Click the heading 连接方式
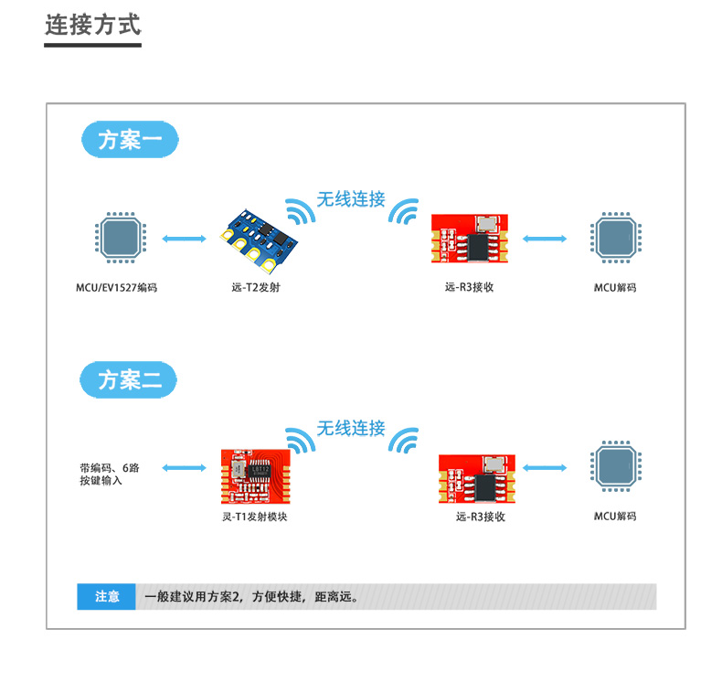click(93, 25)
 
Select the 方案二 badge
click(129, 379)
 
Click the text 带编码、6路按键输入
click(109, 474)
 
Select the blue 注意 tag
click(107, 597)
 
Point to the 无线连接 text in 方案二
click(351, 428)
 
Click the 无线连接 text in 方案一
click(351, 198)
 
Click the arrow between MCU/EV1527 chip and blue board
click(184, 240)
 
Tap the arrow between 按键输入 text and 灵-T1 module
click(184, 468)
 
